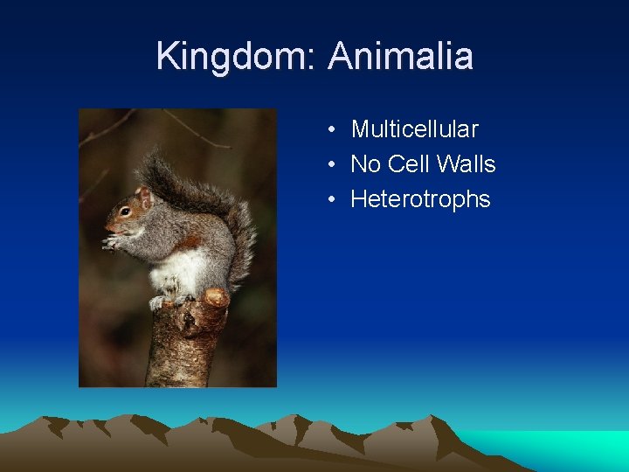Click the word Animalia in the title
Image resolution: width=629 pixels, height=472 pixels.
(401, 57)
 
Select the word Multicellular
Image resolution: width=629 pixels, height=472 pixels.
(414, 129)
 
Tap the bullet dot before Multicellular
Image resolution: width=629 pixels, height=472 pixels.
(333, 130)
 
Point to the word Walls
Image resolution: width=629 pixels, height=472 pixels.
(467, 164)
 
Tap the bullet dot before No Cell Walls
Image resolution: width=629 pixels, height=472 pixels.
(333, 165)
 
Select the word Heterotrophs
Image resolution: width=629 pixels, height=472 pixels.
(420, 199)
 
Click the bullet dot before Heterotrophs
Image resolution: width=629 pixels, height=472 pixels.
(333, 200)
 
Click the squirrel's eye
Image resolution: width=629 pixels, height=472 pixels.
(126, 211)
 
